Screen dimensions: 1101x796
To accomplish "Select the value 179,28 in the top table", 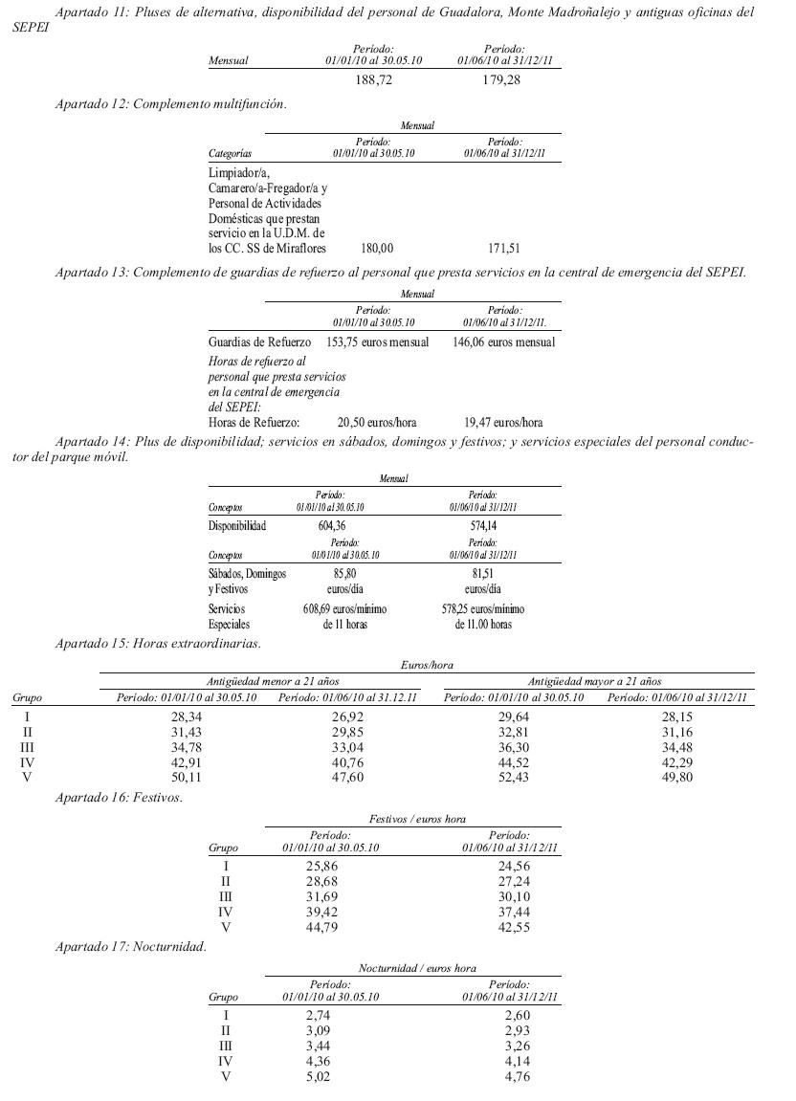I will [x=503, y=80].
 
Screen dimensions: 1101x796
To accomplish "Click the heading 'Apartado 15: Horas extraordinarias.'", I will [x=158, y=644].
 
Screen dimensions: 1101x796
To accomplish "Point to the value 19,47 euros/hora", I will [x=503, y=422].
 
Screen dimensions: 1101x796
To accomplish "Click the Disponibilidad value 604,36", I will [x=334, y=525].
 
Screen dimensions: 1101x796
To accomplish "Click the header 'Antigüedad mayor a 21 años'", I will [x=595, y=681].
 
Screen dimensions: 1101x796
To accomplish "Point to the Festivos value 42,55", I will [x=508, y=927].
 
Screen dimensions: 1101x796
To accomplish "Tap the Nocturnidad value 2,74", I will [x=318, y=1016].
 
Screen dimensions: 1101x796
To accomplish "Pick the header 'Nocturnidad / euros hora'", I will [x=417, y=968].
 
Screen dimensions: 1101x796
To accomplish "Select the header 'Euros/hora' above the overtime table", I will [x=427, y=664].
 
